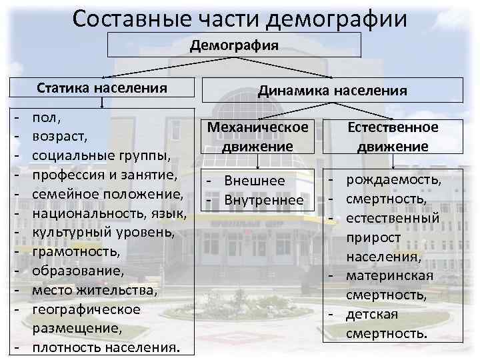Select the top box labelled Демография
pyautogui.click(x=234, y=45)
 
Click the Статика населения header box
pyautogui.click(x=101, y=88)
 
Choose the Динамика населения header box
pyautogui.click(x=332, y=90)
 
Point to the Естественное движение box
pyautogui.click(x=393, y=136)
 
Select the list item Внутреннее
pyautogui.click(x=264, y=199)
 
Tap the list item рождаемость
pyautogui.click(x=393, y=180)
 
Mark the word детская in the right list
pyautogui.click(x=371, y=314)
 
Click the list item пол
pyautogui.click(x=46, y=117)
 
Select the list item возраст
pyautogui.click(x=61, y=137)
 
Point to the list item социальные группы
pyautogui.click(x=101, y=156)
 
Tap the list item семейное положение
pyautogui.click(x=107, y=195)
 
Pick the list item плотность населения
pyautogui.click(x=105, y=348)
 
